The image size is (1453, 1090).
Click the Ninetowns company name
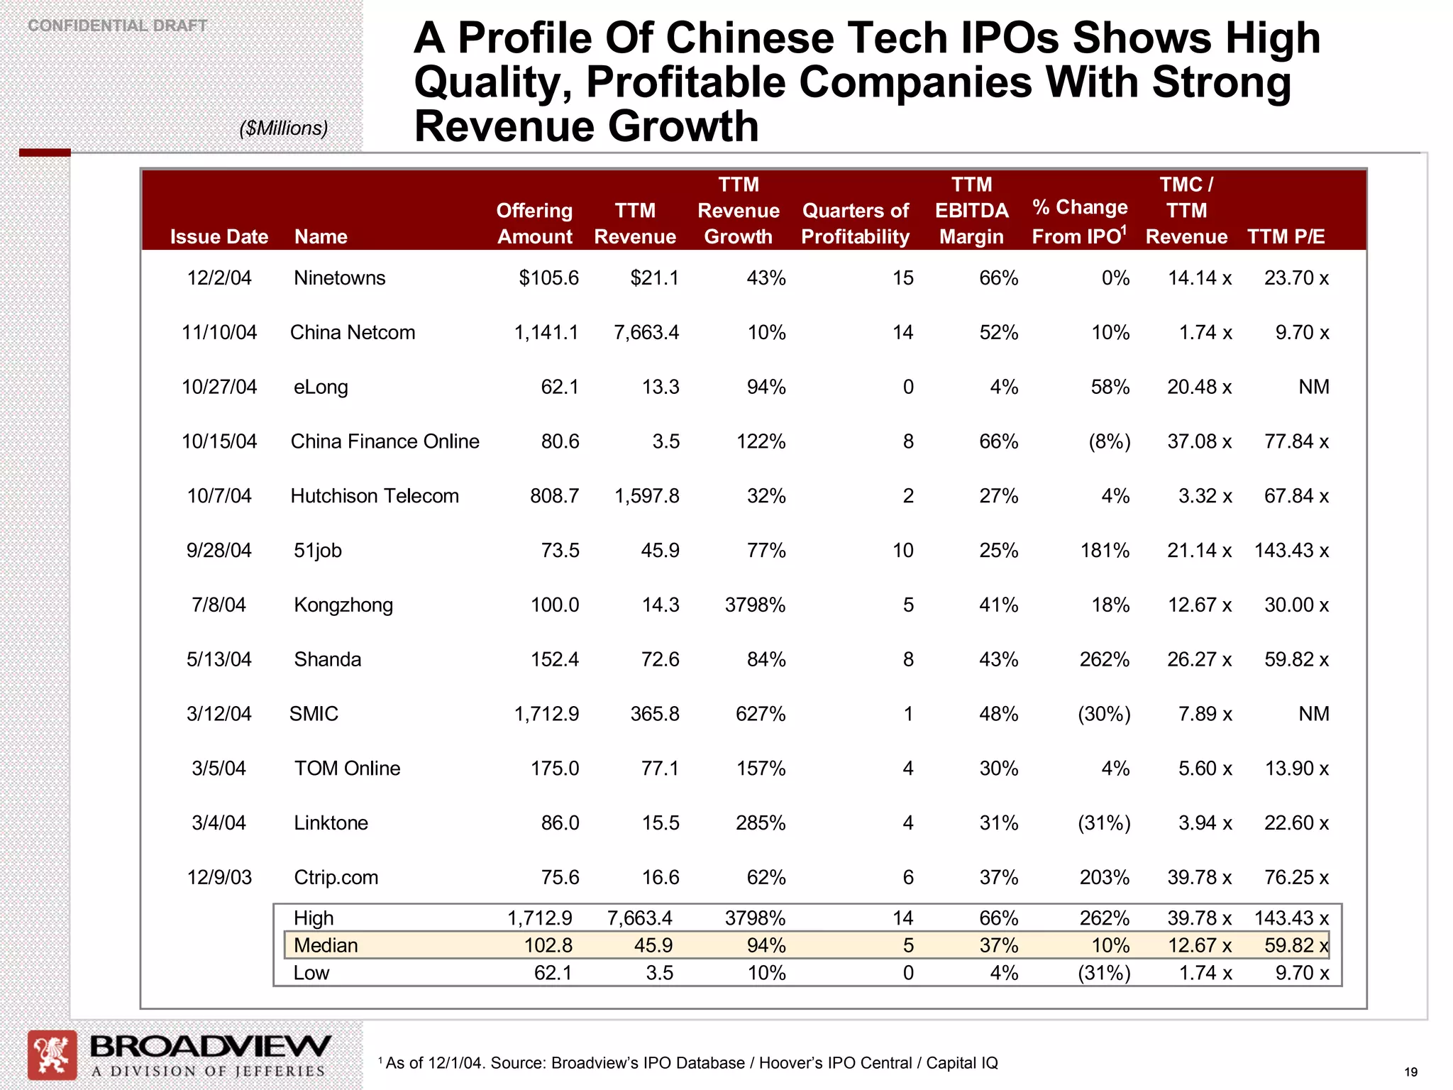click(x=339, y=277)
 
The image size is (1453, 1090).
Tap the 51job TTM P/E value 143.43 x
click(x=1291, y=550)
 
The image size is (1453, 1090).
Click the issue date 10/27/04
click(x=219, y=387)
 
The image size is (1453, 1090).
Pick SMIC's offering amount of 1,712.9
click(x=546, y=713)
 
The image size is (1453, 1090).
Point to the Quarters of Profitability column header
click(x=855, y=224)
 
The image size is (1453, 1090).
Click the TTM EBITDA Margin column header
click(x=971, y=211)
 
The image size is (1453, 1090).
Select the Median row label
click(x=326, y=945)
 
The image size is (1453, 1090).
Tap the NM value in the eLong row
click(x=1313, y=387)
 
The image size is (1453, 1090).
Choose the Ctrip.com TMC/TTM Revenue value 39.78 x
click(x=1199, y=877)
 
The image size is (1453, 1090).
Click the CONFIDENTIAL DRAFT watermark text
click(x=118, y=26)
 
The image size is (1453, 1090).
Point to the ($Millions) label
click(x=284, y=128)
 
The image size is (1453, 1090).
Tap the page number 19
click(x=1410, y=1072)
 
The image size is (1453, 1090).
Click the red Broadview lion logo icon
click(x=52, y=1055)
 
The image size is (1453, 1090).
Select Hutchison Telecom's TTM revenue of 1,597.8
click(x=646, y=495)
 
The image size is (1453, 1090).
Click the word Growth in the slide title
click(x=683, y=126)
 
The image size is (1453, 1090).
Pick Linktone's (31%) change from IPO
click(x=1104, y=822)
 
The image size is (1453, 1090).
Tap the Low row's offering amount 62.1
click(x=553, y=972)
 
